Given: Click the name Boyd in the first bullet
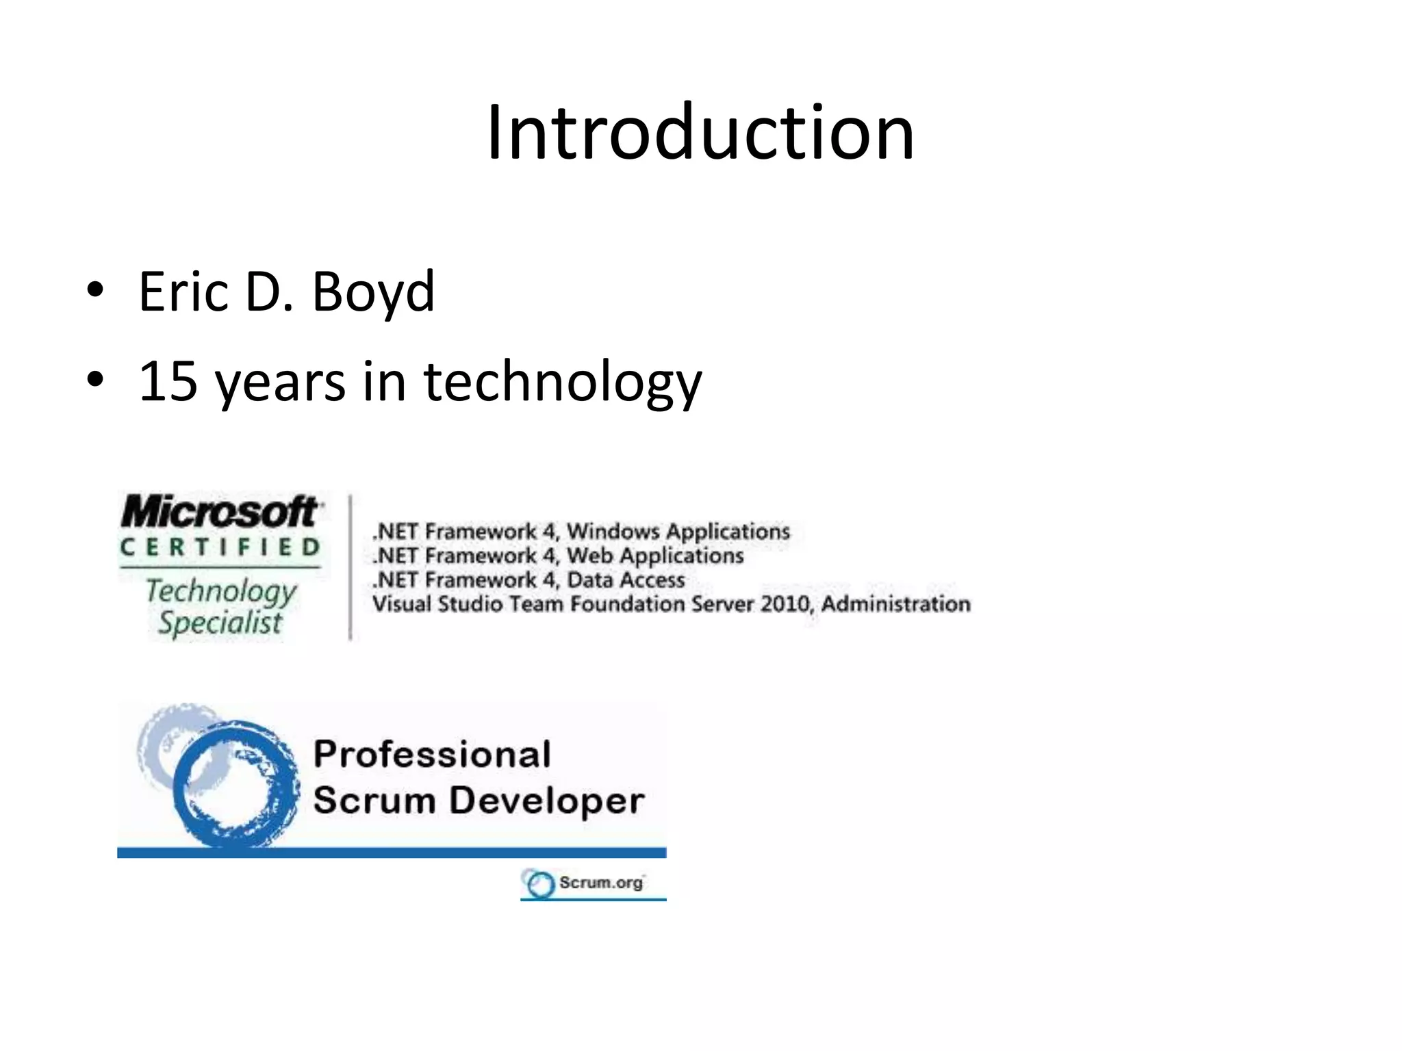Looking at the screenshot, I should [373, 292].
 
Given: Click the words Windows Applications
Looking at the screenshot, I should [678, 532].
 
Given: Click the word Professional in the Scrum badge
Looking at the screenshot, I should [432, 755].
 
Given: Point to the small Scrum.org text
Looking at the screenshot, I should [600, 883].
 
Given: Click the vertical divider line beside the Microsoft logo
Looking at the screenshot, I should [350, 568].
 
